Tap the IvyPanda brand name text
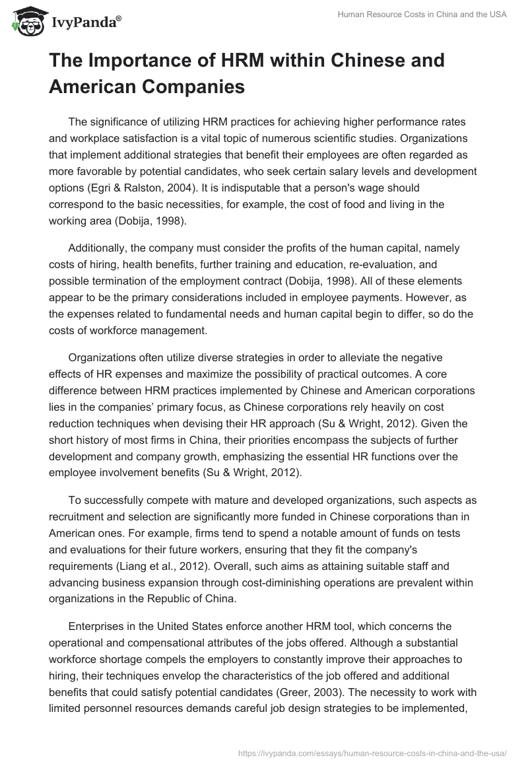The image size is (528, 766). tap(84, 22)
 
